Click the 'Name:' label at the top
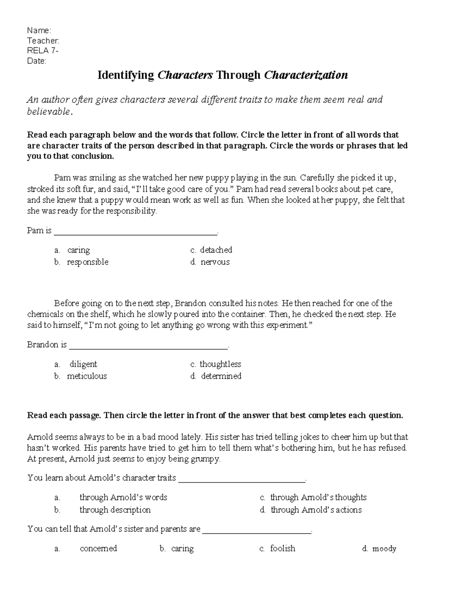pos(39,30)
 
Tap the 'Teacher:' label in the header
pos(43,40)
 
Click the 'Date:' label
pos(37,61)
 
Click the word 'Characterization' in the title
pos(306,75)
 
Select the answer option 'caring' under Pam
pos(79,250)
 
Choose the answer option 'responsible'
pos(88,262)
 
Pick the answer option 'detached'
pos(216,250)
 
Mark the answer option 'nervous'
pos(215,262)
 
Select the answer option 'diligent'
pos(83,364)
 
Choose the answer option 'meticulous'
pos(87,376)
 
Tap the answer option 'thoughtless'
pos(220,364)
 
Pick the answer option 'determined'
pos(221,376)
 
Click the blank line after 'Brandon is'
pos(148,347)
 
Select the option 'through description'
pos(115,510)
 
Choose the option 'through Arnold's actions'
pos(316,510)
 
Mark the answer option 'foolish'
pos(283,548)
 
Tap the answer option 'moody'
pos(384,549)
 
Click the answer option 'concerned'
pos(98,548)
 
